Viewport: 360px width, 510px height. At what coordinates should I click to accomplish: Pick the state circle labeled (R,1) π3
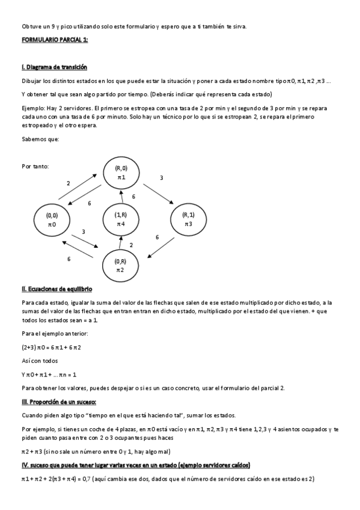click(188, 219)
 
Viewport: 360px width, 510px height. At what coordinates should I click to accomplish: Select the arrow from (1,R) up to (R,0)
click(121, 195)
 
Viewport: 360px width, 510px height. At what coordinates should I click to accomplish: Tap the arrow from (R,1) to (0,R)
click(162, 248)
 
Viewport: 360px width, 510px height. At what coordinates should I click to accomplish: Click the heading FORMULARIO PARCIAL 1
click(55, 40)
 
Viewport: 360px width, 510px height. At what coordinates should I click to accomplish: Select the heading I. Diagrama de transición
click(54, 67)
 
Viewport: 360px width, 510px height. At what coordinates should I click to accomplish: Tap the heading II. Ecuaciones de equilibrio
click(56, 289)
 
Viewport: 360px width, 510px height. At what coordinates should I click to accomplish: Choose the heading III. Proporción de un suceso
click(59, 401)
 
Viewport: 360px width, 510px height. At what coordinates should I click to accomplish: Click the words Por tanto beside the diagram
click(35, 165)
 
